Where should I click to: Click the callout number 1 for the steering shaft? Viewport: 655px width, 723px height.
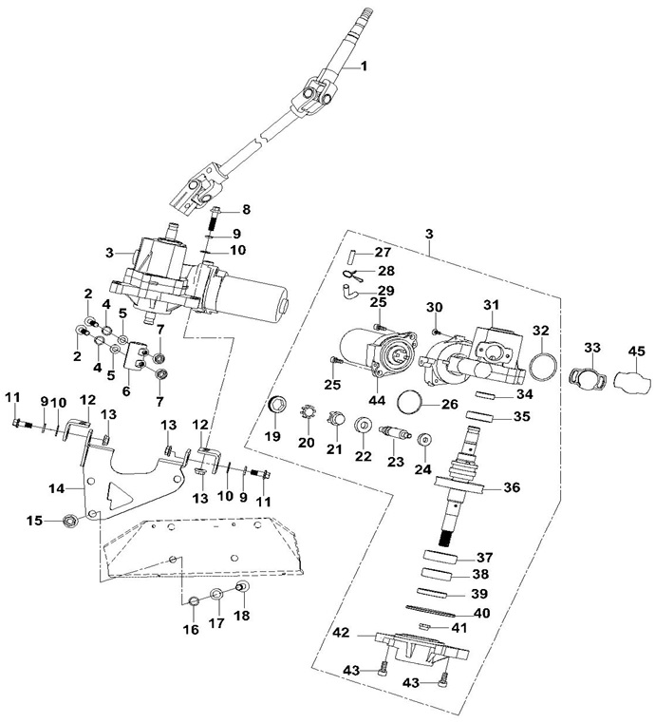click(x=364, y=67)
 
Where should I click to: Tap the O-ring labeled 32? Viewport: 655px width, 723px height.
click(x=542, y=367)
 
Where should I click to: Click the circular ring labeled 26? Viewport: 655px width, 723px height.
click(x=409, y=402)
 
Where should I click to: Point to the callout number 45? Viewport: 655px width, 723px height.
click(x=637, y=352)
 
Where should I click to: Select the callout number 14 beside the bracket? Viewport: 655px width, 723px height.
click(x=57, y=488)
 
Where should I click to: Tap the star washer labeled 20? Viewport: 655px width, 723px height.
click(x=308, y=413)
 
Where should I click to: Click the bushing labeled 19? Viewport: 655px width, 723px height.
click(x=278, y=406)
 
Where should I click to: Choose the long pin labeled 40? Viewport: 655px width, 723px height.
click(x=431, y=611)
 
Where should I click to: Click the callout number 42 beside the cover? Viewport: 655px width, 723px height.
click(x=342, y=633)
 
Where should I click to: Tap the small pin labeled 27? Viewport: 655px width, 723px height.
click(x=353, y=255)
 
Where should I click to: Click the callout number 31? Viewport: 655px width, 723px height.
click(x=492, y=305)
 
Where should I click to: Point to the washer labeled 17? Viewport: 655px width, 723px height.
click(x=217, y=595)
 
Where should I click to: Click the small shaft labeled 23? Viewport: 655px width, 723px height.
click(x=393, y=434)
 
